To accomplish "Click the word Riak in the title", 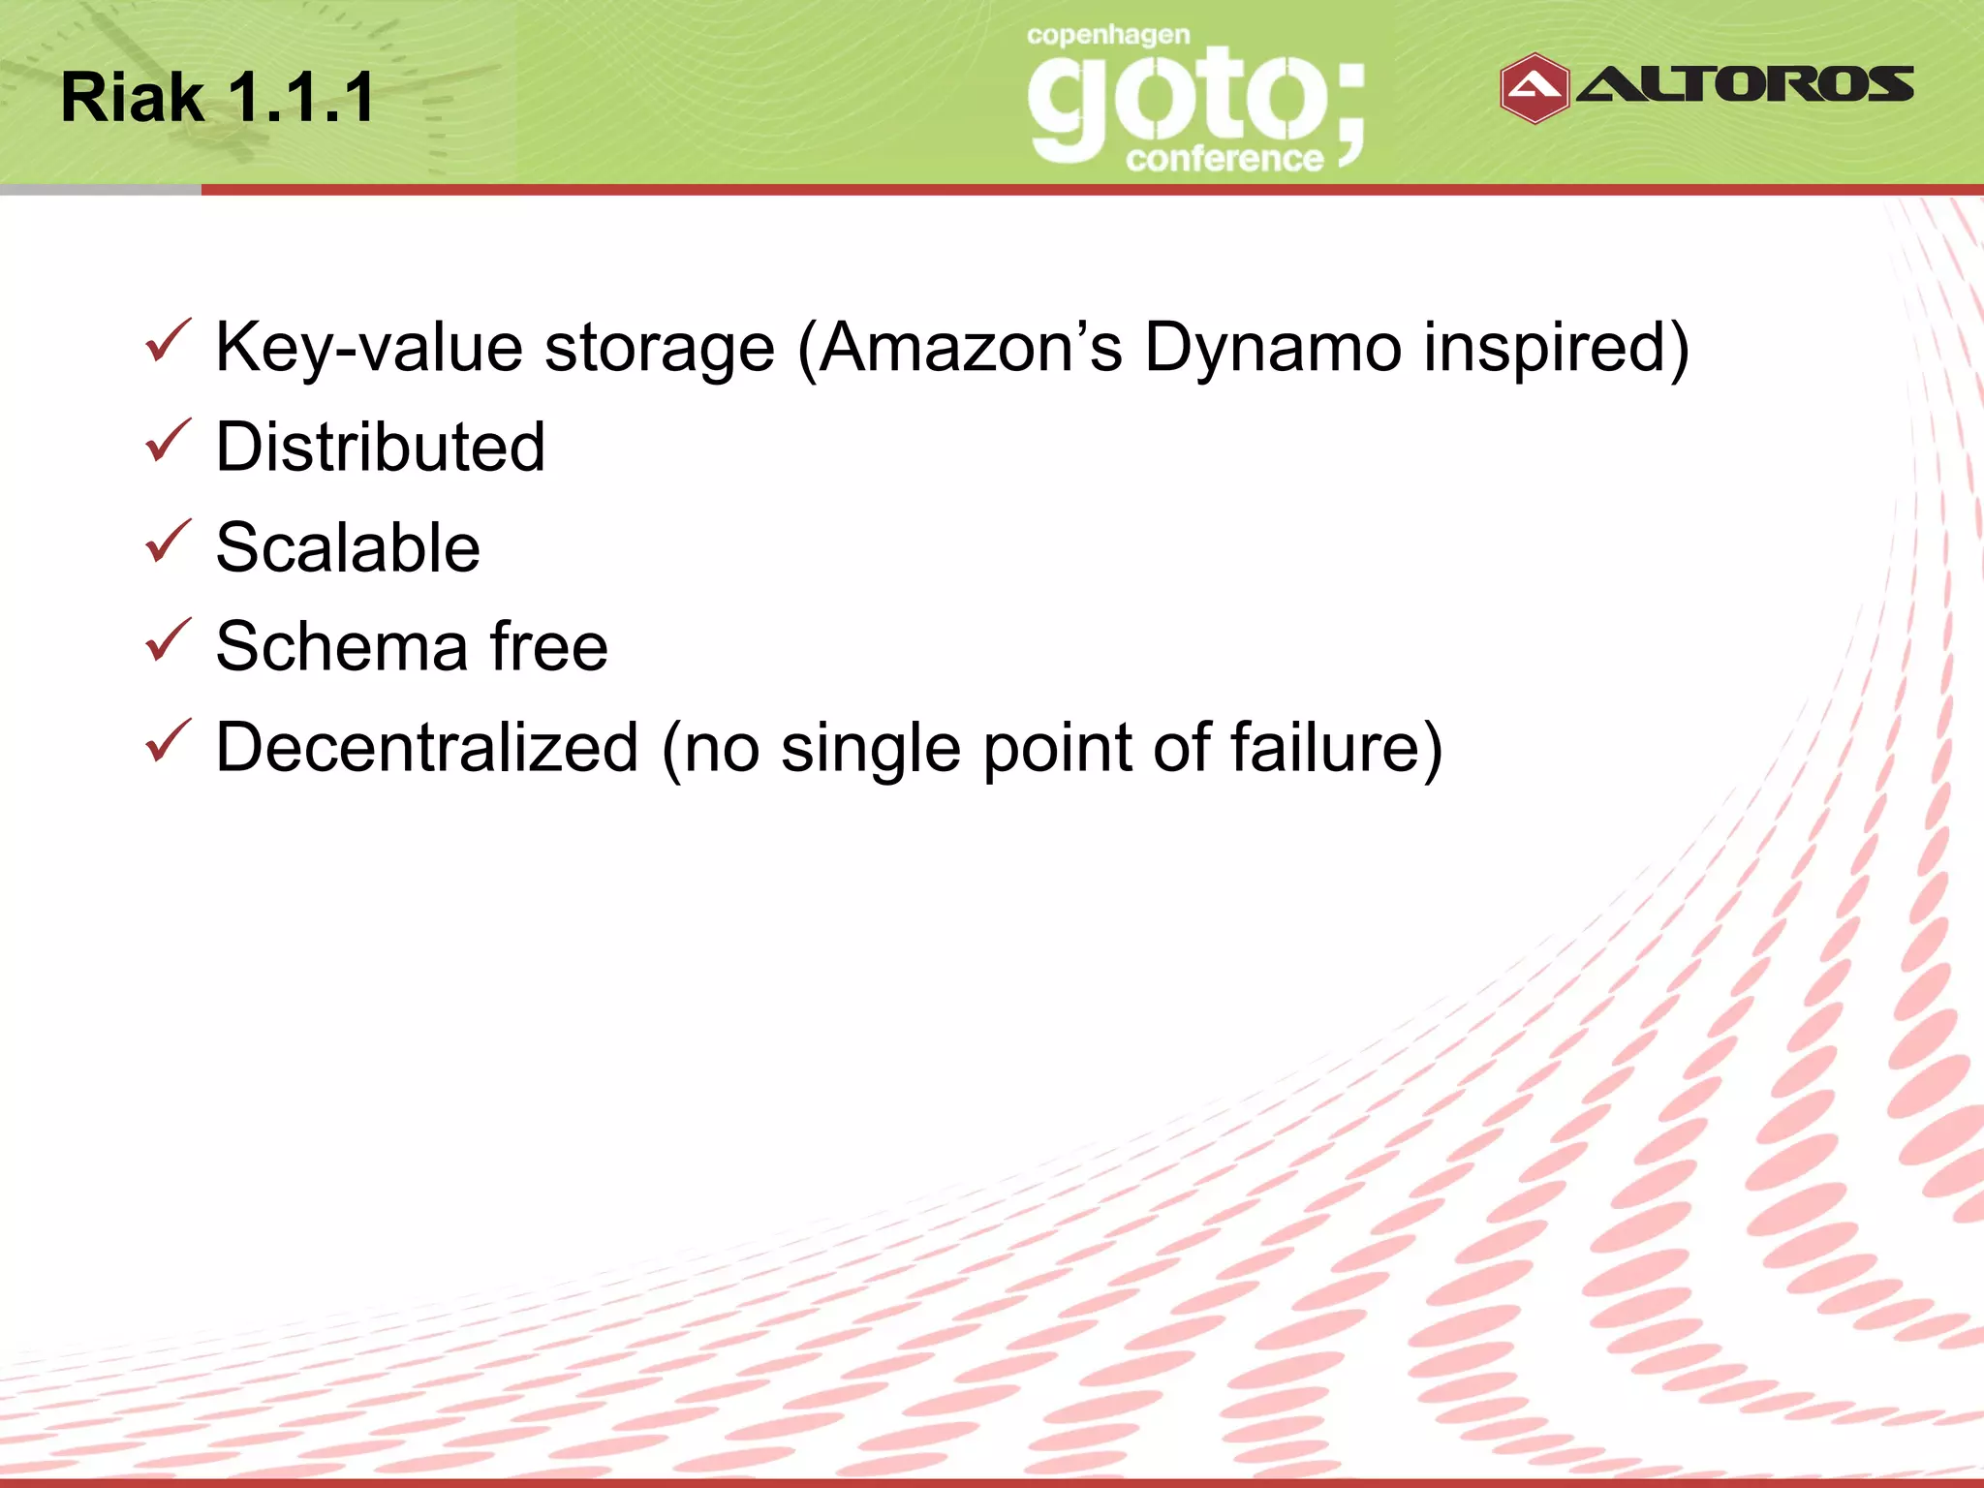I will tap(132, 98).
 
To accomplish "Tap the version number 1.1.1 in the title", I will tap(301, 98).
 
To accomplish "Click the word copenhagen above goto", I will tap(1108, 36).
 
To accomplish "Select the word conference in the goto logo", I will tap(1224, 158).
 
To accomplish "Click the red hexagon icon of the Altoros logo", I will tap(1534, 88).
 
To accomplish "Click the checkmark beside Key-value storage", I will tap(168, 342).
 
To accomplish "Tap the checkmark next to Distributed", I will tap(168, 442).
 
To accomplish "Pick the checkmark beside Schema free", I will tap(168, 641).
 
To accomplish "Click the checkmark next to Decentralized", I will tap(168, 742).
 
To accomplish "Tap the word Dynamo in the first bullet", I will tap(1272, 348).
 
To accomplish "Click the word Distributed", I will tap(381, 448).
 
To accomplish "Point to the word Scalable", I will tap(348, 547).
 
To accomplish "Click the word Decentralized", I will tap(427, 748).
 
